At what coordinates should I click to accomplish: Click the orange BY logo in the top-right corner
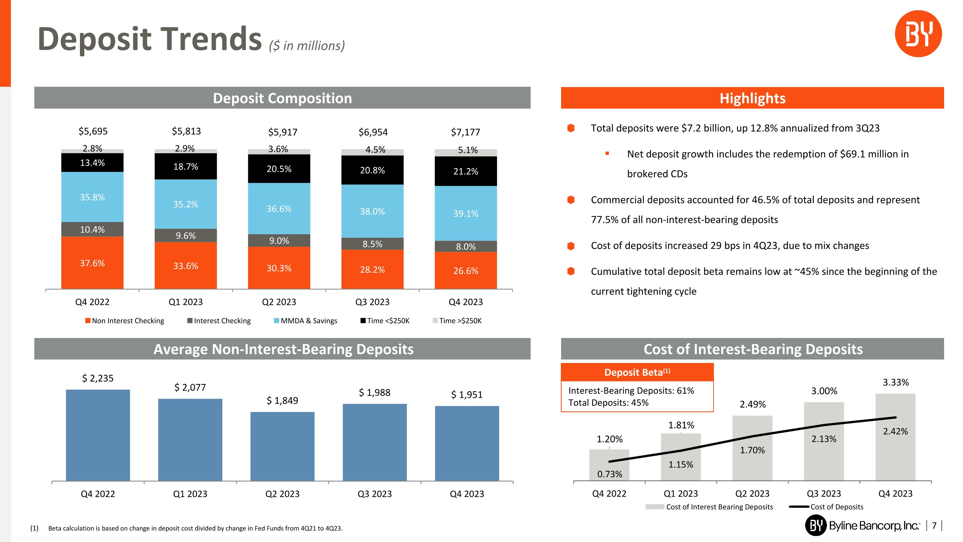tap(918, 34)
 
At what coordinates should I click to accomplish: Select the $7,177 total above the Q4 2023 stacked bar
tap(465, 132)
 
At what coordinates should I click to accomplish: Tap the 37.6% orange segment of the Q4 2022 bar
tap(92, 262)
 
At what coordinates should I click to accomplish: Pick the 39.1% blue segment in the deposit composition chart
tap(465, 213)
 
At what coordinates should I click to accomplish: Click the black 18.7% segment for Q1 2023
tap(186, 166)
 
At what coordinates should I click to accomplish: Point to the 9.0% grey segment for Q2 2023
tap(279, 241)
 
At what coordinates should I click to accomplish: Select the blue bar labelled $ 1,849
tap(282, 446)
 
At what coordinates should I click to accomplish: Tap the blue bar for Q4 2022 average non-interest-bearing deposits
tap(98, 435)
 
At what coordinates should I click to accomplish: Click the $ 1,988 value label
tap(375, 392)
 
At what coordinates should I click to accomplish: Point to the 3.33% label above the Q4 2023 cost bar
tap(895, 382)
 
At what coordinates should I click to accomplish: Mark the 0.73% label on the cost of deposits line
tap(609, 474)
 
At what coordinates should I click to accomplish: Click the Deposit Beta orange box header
tap(637, 372)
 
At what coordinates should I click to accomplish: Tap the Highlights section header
tap(752, 98)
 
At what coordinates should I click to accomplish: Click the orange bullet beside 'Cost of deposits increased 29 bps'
tap(571, 246)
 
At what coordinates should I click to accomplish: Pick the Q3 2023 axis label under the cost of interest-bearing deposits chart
tap(824, 493)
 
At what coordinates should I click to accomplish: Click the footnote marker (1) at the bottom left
tap(34, 528)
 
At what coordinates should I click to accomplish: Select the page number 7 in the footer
tap(934, 526)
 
